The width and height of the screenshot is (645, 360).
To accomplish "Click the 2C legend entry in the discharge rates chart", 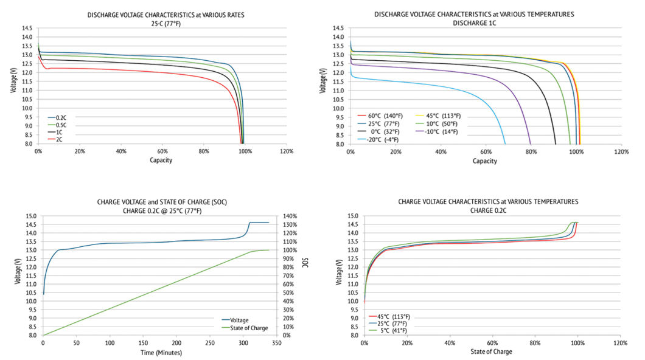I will click(x=57, y=139).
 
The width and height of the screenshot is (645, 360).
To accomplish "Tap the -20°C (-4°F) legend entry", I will click(x=382, y=139).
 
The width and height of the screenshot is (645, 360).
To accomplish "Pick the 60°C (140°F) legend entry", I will click(x=382, y=115).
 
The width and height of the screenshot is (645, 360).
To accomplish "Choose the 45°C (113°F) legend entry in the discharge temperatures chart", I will click(x=438, y=115).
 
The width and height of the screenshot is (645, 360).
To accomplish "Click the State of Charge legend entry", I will click(x=248, y=327).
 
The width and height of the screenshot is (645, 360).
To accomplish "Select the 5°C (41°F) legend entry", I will click(x=389, y=331).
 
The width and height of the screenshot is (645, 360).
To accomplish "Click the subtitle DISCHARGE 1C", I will click(x=474, y=22).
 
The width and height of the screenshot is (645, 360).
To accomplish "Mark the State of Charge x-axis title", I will click(x=491, y=352).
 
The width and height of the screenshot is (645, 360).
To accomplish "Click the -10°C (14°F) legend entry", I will click(x=438, y=131).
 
